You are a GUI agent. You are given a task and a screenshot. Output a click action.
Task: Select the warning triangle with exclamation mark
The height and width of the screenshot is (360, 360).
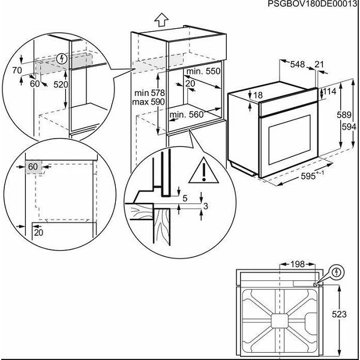(x=204, y=173)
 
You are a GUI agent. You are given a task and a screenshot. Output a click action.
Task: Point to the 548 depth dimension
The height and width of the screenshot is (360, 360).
(x=298, y=64)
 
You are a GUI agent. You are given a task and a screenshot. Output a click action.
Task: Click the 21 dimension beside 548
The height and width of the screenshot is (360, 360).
(x=319, y=64)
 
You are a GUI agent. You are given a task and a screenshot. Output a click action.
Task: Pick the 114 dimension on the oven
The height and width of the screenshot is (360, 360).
(x=330, y=91)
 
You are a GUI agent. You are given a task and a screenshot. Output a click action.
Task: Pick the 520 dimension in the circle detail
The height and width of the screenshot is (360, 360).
(x=60, y=85)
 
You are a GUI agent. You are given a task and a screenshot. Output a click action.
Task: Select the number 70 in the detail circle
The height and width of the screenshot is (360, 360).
(x=16, y=70)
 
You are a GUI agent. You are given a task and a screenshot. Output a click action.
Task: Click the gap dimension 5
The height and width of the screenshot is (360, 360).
(x=185, y=198)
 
